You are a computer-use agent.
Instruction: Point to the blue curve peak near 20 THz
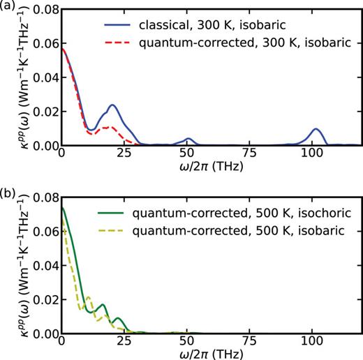pos(112,105)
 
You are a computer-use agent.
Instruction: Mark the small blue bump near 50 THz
pos(188,139)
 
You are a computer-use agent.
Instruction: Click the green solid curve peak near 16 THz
pos(103,304)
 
